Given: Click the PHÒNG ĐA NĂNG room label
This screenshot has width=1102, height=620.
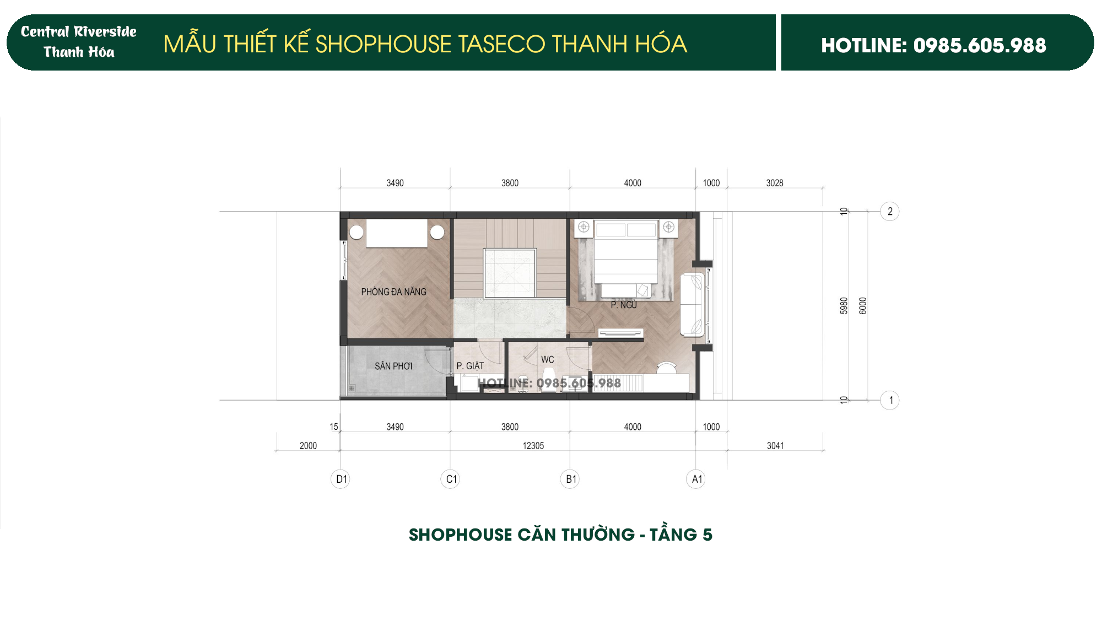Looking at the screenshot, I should pyautogui.click(x=393, y=292).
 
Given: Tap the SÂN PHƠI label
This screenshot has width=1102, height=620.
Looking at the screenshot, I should pyautogui.click(x=393, y=366).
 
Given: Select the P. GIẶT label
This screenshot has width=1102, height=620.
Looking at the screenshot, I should pyautogui.click(x=470, y=366).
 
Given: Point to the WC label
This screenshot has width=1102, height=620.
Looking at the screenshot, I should pyautogui.click(x=547, y=359).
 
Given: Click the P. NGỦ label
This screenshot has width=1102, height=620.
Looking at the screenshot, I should pyautogui.click(x=624, y=305).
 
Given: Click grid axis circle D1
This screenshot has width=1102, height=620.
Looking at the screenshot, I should pyautogui.click(x=341, y=479).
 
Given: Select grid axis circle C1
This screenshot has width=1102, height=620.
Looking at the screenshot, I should pyautogui.click(x=451, y=479).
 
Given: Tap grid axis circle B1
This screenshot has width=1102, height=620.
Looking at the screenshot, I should pyautogui.click(x=570, y=479).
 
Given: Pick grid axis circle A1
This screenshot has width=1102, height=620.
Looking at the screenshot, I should pyautogui.click(x=696, y=479).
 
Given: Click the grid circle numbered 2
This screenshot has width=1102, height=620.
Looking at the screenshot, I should pyautogui.click(x=890, y=211).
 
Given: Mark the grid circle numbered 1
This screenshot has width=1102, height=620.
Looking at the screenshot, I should pyautogui.click(x=890, y=400).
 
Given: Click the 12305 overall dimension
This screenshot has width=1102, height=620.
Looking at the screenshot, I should pyautogui.click(x=533, y=445).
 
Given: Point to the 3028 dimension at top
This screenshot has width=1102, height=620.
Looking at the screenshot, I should pyautogui.click(x=774, y=183).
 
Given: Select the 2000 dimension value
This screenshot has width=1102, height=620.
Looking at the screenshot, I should pyautogui.click(x=308, y=445).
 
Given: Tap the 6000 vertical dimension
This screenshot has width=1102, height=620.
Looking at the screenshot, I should pyautogui.click(x=863, y=306).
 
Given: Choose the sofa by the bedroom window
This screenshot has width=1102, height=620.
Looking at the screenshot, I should pyautogui.click(x=692, y=305).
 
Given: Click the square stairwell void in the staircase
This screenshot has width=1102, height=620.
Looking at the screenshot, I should pyautogui.click(x=510, y=273).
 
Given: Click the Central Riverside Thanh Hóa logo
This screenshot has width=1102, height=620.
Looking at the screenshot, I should pyautogui.click(x=79, y=42).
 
